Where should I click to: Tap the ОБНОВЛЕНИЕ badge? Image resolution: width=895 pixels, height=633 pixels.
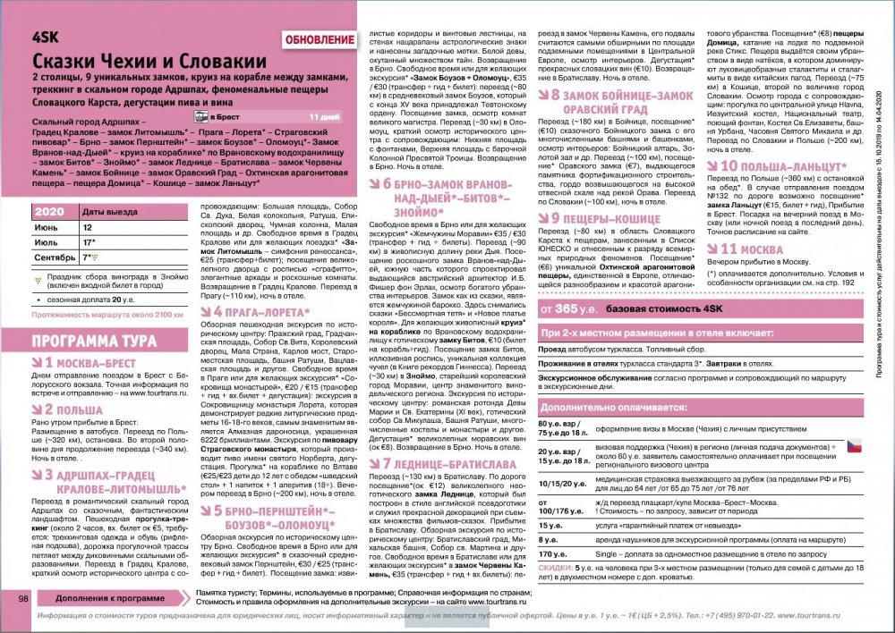pos(320,40)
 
